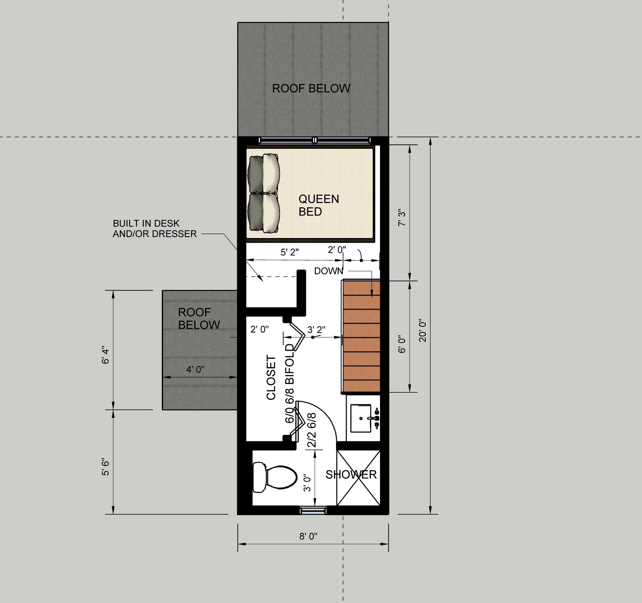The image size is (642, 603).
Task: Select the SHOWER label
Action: (x=351, y=474)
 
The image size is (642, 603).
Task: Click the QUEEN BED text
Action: (x=318, y=205)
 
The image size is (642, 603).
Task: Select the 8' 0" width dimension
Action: (x=308, y=536)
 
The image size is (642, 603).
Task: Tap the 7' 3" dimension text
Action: (x=402, y=218)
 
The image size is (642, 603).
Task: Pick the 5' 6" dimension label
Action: (x=105, y=467)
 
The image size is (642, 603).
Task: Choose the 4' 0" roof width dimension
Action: (x=195, y=369)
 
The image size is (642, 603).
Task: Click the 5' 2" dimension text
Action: (x=290, y=252)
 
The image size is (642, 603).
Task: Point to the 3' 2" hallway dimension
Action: (x=316, y=330)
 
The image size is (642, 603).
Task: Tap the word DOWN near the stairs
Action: (x=329, y=271)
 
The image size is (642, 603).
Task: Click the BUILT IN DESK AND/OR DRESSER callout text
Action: (x=155, y=229)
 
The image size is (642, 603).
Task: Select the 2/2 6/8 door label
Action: (x=312, y=430)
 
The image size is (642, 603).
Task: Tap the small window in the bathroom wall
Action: (x=312, y=510)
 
